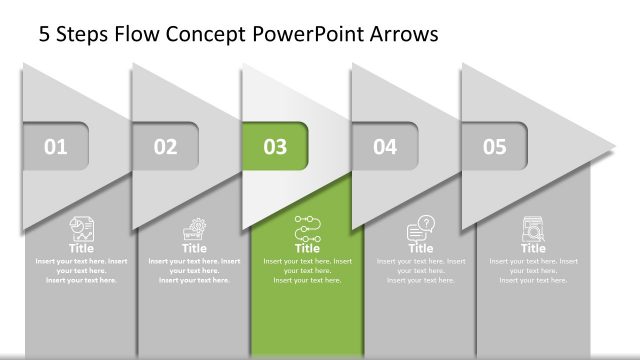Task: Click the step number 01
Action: click(x=56, y=148)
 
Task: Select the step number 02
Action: click(x=166, y=148)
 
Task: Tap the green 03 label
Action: click(x=275, y=148)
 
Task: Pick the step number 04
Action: click(x=385, y=148)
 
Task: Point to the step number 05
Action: click(x=495, y=148)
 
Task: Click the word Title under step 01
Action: click(x=81, y=248)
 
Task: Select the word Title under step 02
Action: click(x=194, y=248)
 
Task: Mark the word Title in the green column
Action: click(x=307, y=248)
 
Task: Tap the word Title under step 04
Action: click(x=421, y=248)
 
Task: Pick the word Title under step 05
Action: click(x=533, y=248)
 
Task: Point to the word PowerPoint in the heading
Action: click(x=305, y=36)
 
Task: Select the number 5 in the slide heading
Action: click(x=44, y=36)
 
